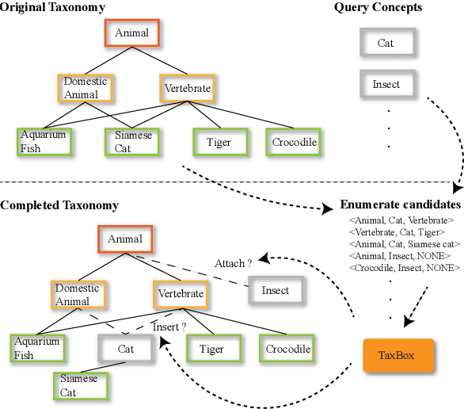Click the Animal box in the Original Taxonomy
pyautogui.click(x=131, y=33)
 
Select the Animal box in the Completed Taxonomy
pyautogui.click(x=125, y=239)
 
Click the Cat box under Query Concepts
pyautogui.click(x=385, y=43)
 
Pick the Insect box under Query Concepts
pyautogui.click(x=385, y=84)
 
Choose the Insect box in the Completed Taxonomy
pyautogui.click(x=276, y=290)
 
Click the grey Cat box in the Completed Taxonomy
pyautogui.click(x=125, y=349)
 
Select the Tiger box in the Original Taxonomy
pyautogui.click(x=218, y=142)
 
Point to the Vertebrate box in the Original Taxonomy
pyautogui.click(x=187, y=88)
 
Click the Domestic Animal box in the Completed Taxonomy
pyautogui.click(x=77, y=294)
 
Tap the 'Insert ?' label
pyautogui.click(x=169, y=327)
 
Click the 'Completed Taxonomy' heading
pyautogui.click(x=59, y=205)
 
